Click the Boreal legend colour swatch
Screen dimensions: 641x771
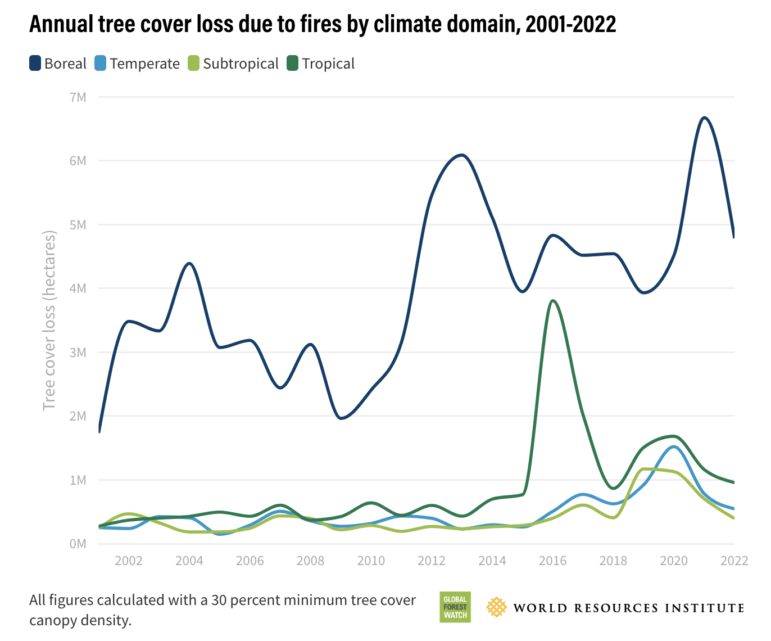(x=35, y=64)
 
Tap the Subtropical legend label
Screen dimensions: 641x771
(x=241, y=64)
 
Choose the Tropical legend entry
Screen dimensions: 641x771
(x=328, y=64)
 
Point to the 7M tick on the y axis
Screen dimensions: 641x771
(x=78, y=97)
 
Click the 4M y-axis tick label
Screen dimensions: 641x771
(x=78, y=288)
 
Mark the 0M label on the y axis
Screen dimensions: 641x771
(x=78, y=544)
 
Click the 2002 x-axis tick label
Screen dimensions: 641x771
(x=129, y=561)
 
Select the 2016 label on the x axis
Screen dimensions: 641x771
(x=553, y=561)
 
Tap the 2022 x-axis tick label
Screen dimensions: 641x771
(x=734, y=561)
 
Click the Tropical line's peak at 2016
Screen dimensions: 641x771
(x=554, y=301)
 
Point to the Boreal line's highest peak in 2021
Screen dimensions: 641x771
(x=704, y=118)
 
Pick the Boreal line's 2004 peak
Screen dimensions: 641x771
(x=189, y=263)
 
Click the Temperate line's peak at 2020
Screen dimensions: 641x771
(x=674, y=447)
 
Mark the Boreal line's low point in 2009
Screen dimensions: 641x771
(x=341, y=418)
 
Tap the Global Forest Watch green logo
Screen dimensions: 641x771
(x=455, y=607)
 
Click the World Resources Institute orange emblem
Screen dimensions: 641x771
(x=496, y=607)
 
